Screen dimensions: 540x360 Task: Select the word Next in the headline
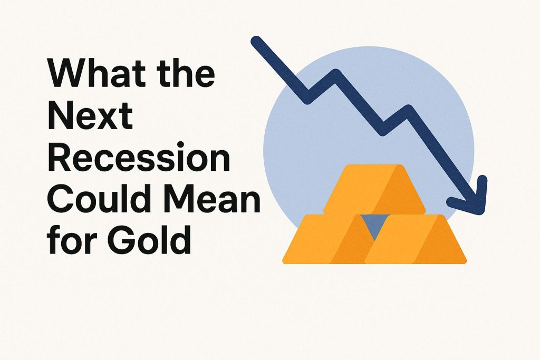pyautogui.click(x=90, y=115)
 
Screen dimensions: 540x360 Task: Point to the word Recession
pyautogui.click(x=139, y=157)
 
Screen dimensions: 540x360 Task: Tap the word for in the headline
pyautogui.click(x=70, y=239)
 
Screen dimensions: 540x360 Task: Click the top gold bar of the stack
pyautogui.click(x=374, y=189)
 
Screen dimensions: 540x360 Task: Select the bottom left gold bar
pyautogui.click(x=329, y=239)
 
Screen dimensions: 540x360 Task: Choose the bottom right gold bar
pyautogui.click(x=416, y=239)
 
